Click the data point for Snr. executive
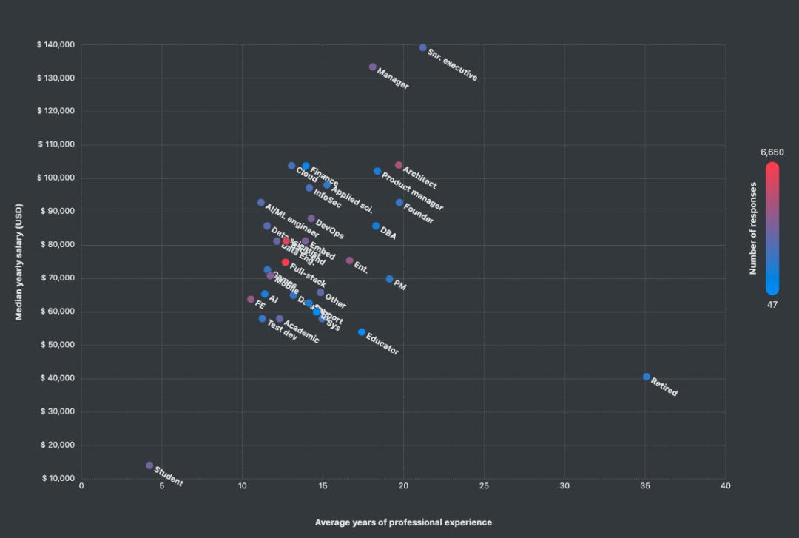(423, 48)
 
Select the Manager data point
(373, 67)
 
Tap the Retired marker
(647, 377)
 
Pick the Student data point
(149, 465)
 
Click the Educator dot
(362, 332)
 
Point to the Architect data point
(399, 165)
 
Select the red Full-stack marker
(286, 263)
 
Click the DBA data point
(376, 226)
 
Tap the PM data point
(390, 279)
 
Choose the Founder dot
(399, 203)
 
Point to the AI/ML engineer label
(291, 220)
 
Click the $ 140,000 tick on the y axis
(55, 45)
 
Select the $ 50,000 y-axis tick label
(58, 345)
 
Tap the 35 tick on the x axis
(645, 486)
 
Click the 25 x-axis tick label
(484, 486)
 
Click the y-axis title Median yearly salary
(20, 261)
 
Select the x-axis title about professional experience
(403, 522)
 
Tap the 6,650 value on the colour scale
(772, 152)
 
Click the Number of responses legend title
(753, 228)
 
